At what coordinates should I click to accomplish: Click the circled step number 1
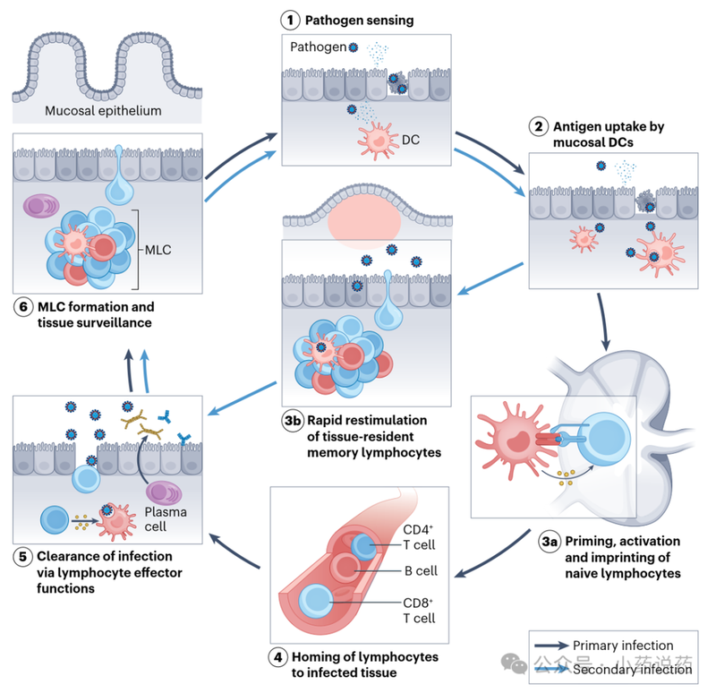coord(289,19)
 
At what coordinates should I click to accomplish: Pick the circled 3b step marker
coord(290,421)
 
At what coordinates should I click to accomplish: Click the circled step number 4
coord(279,657)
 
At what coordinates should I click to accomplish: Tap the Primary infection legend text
coord(623,646)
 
